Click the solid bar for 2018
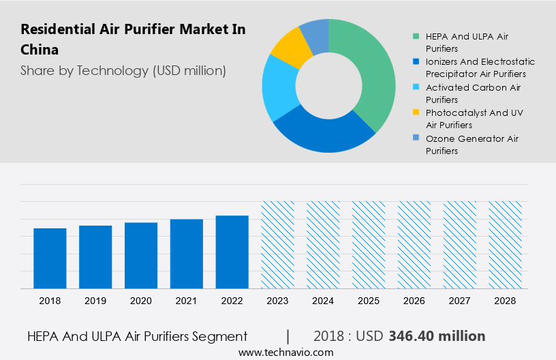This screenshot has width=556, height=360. [50, 258]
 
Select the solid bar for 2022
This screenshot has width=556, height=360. [232, 252]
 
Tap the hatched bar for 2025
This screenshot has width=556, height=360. [369, 245]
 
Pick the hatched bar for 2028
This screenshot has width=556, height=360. [506, 245]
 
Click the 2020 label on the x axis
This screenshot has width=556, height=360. [141, 301]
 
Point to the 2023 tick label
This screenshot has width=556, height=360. [277, 301]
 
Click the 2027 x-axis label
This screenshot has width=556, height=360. [460, 301]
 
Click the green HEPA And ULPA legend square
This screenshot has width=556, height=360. [415, 36]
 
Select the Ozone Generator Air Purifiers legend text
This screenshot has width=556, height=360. [472, 145]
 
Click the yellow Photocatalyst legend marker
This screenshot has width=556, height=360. [415, 112]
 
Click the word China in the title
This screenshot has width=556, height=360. [40, 50]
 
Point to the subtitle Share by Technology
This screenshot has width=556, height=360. [123, 70]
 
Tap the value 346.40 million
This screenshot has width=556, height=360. [437, 336]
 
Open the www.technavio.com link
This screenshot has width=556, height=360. [286, 352]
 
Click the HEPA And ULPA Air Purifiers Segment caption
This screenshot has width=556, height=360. [137, 336]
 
